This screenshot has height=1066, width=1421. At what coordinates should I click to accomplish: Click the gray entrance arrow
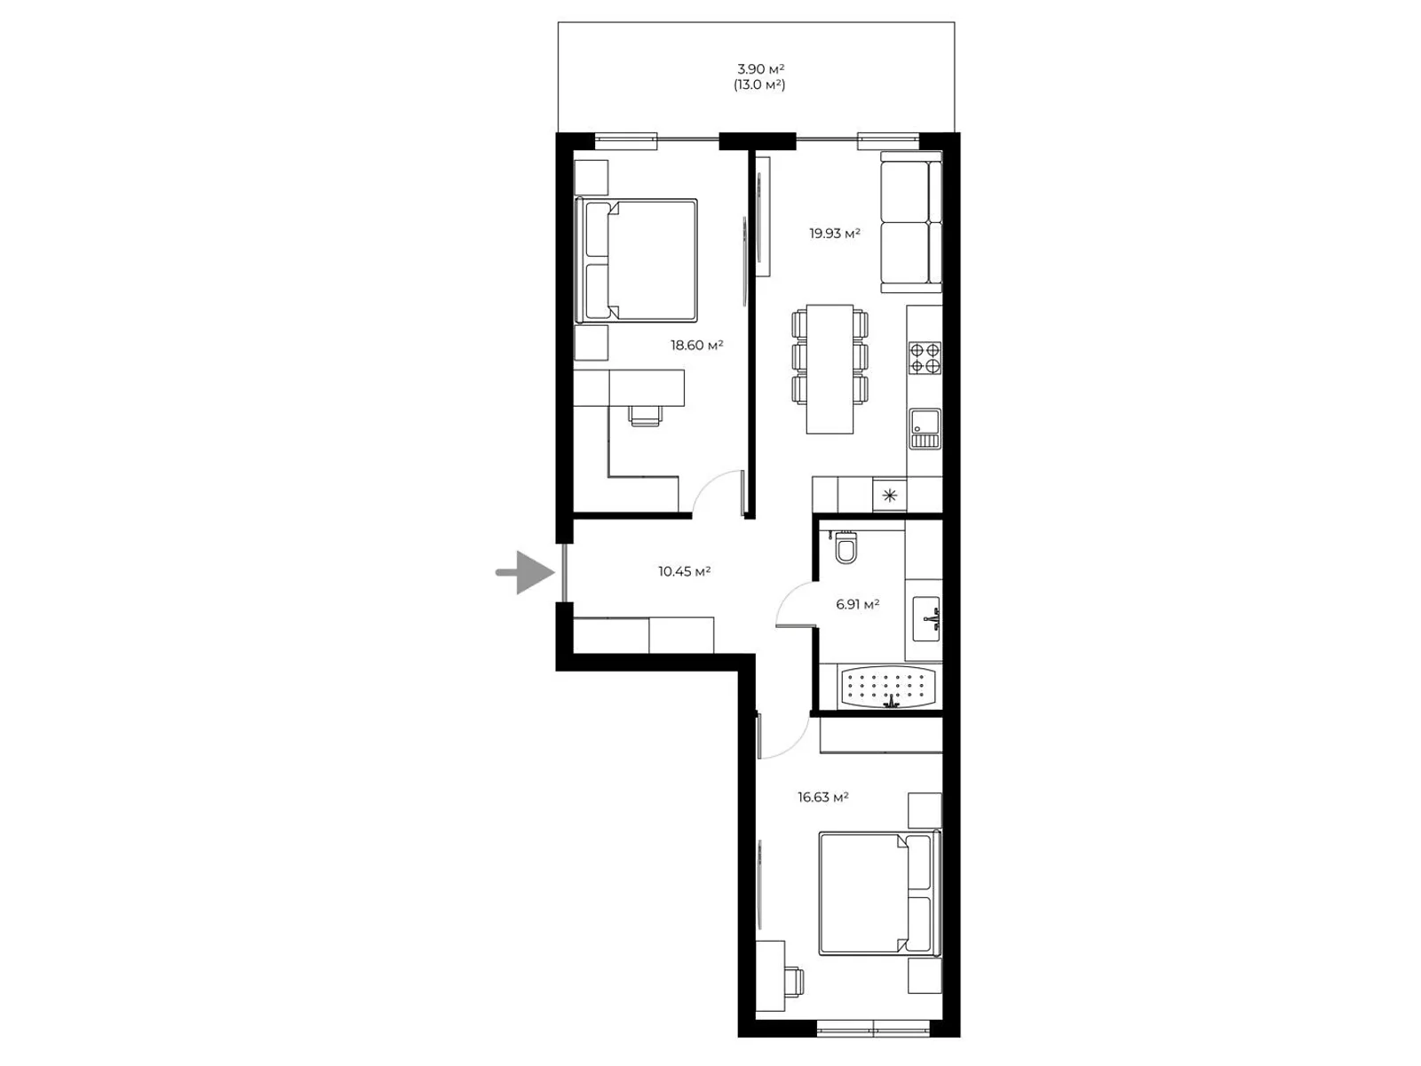526,572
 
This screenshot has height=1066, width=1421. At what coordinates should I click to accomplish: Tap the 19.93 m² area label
835,234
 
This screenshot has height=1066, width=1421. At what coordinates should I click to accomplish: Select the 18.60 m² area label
696,345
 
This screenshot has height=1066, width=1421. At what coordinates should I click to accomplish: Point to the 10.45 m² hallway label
684,571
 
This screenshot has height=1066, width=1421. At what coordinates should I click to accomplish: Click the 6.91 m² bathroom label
857,605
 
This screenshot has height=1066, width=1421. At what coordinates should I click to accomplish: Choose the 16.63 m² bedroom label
822,797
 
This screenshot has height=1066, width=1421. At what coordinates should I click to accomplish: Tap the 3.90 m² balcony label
760,69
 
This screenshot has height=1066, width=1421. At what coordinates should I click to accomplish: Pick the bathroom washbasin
925,619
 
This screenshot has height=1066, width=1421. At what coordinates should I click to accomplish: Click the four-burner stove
925,359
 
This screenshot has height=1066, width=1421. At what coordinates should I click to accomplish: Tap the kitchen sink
925,428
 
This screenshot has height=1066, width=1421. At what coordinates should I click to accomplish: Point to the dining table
830,369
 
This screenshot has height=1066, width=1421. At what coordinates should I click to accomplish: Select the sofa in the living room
911,221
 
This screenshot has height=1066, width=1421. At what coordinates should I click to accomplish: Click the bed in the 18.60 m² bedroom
636,260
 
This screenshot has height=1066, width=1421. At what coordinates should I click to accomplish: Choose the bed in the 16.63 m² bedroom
880,893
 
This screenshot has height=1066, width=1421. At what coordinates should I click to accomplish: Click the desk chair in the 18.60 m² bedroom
646,416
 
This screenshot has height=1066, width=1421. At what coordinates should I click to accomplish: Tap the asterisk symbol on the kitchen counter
890,496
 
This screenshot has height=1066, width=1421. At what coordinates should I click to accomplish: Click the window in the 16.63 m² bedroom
873,1028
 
